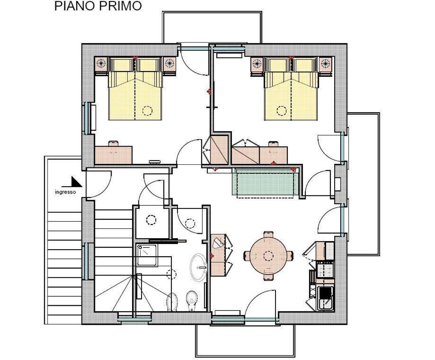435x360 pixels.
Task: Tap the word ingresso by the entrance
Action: coord(65,192)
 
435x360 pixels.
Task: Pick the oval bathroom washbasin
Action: coord(198,268)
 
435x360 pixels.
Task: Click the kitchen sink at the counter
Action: coord(325,299)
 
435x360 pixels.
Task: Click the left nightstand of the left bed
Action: coord(101,64)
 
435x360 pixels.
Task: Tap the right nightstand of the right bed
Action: coord(326,64)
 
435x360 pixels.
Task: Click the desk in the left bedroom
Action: coord(113,155)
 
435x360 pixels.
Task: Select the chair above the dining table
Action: coord(268,234)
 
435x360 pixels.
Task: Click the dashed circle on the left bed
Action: coord(147,111)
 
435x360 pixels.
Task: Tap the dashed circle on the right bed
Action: coord(281,111)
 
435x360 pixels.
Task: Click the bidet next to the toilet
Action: coord(172,302)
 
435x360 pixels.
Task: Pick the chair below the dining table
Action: coord(268,277)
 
